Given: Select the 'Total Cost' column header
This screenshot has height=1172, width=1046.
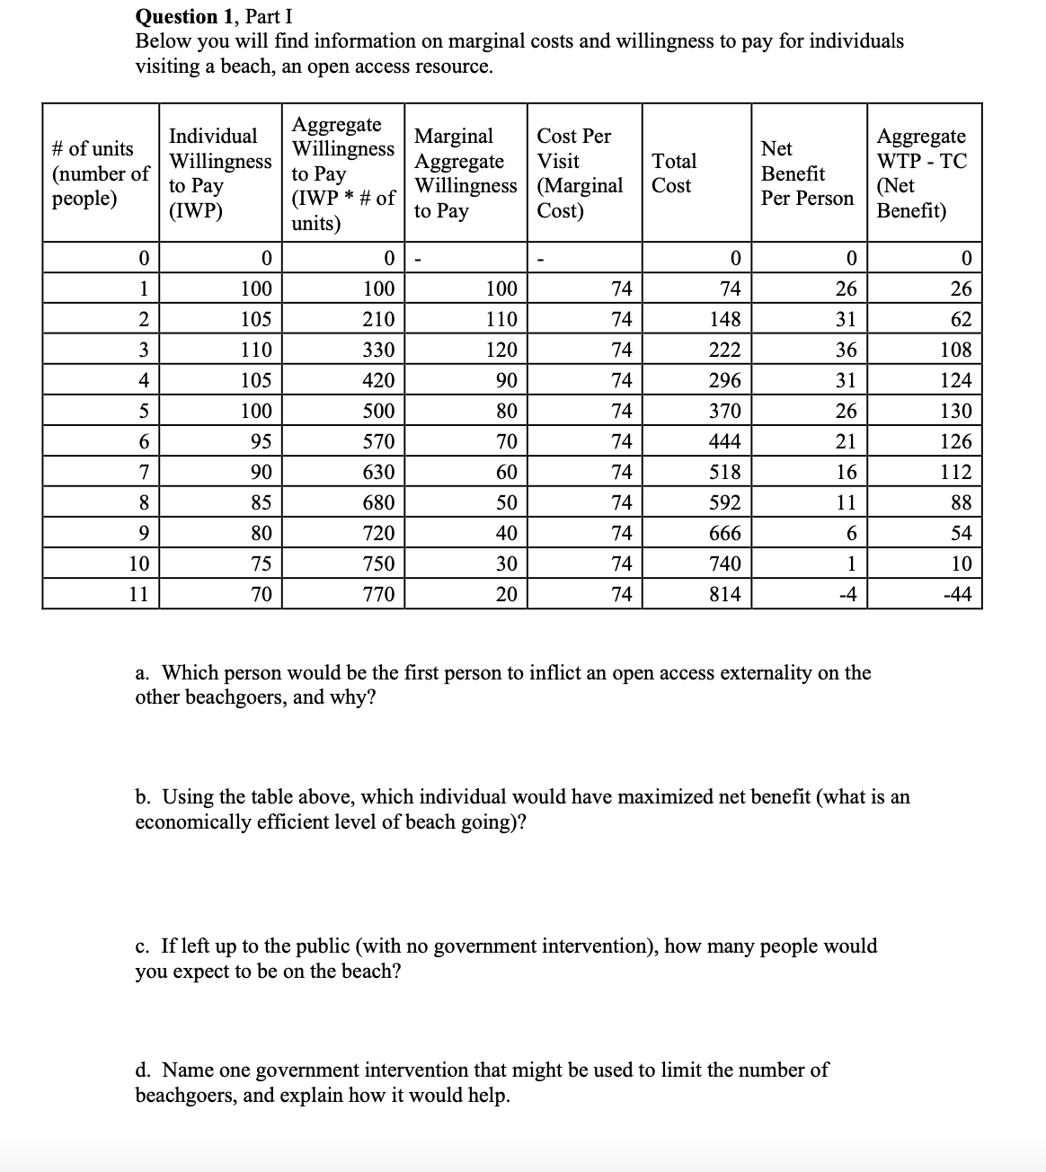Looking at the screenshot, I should point(673,173).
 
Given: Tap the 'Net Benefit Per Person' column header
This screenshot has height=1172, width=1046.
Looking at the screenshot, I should point(806,173).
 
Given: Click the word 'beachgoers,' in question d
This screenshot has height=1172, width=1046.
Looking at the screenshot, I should point(185,1095).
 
